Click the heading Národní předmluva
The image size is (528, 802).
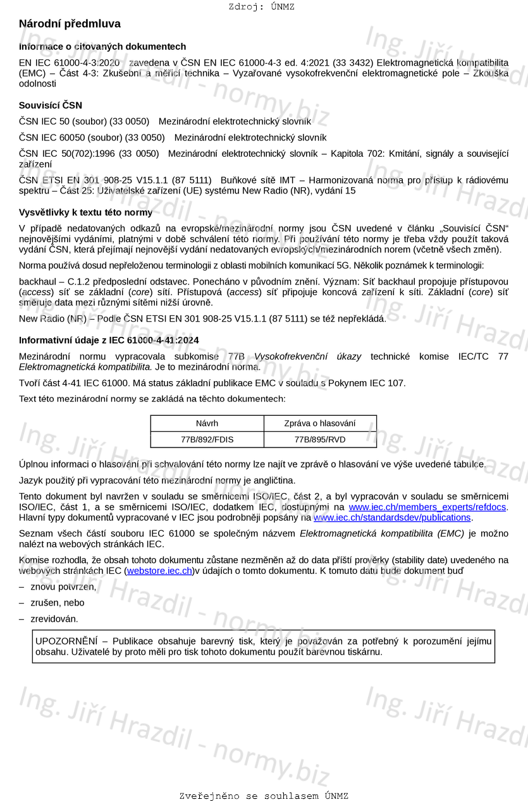tap(70, 24)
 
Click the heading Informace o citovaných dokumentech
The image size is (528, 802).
tap(102, 47)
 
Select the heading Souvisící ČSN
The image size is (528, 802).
tap(51, 106)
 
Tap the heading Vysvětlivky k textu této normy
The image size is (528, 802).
tap(85, 212)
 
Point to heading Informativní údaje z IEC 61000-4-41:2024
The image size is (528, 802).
tap(109, 340)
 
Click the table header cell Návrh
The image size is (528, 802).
tap(207, 423)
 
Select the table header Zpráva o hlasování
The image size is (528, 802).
tap(320, 423)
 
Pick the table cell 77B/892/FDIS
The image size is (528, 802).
tap(207, 439)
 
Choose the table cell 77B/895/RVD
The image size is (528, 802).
tap(320, 439)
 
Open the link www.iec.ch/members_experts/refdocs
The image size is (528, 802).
tap(427, 507)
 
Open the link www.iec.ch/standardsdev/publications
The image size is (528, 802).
tap(392, 518)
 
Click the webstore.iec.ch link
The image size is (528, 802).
tap(159, 571)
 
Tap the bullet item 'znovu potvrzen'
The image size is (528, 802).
tap(63, 587)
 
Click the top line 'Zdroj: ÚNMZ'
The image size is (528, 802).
tap(262, 7)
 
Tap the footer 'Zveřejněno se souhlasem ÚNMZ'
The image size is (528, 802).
tap(264, 796)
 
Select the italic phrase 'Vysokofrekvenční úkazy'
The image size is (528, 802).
tap(307, 356)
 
